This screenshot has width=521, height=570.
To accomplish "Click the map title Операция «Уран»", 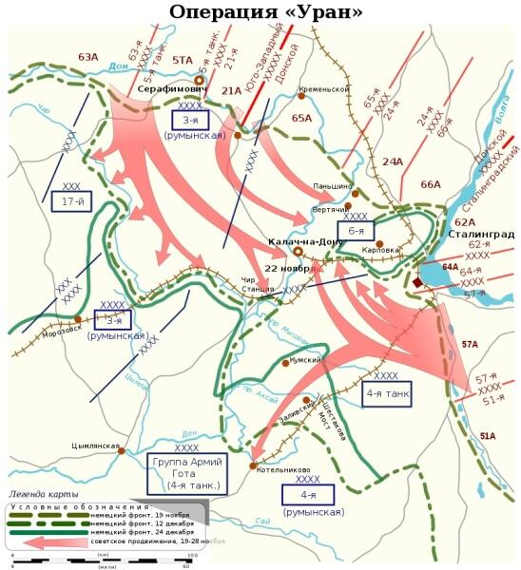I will click(265, 12).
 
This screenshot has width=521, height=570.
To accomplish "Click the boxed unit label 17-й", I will click(71, 201).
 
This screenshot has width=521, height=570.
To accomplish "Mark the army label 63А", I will click(88, 57).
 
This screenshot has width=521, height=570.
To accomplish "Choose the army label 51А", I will click(487, 436).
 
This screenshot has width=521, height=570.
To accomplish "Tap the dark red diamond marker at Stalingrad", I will click(418, 282).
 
